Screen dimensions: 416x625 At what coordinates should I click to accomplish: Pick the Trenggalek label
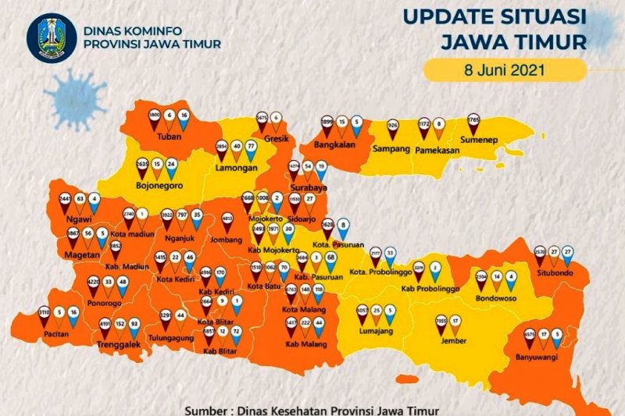pyautogui.click(x=118, y=344)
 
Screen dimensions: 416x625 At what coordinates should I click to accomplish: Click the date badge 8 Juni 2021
pyautogui.click(x=504, y=69)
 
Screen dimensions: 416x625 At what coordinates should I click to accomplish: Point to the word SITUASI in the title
pyautogui.click(x=547, y=17)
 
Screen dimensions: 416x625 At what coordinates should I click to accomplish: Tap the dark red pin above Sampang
pyautogui.click(x=393, y=129)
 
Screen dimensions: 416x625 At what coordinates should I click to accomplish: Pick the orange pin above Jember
pyautogui.click(x=455, y=322)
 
